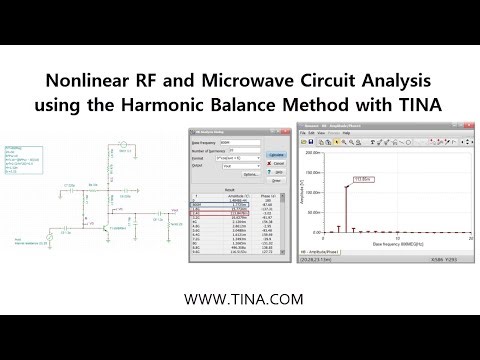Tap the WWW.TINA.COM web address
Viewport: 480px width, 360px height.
pos(240,298)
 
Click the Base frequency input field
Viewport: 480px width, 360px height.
pos(243,144)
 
